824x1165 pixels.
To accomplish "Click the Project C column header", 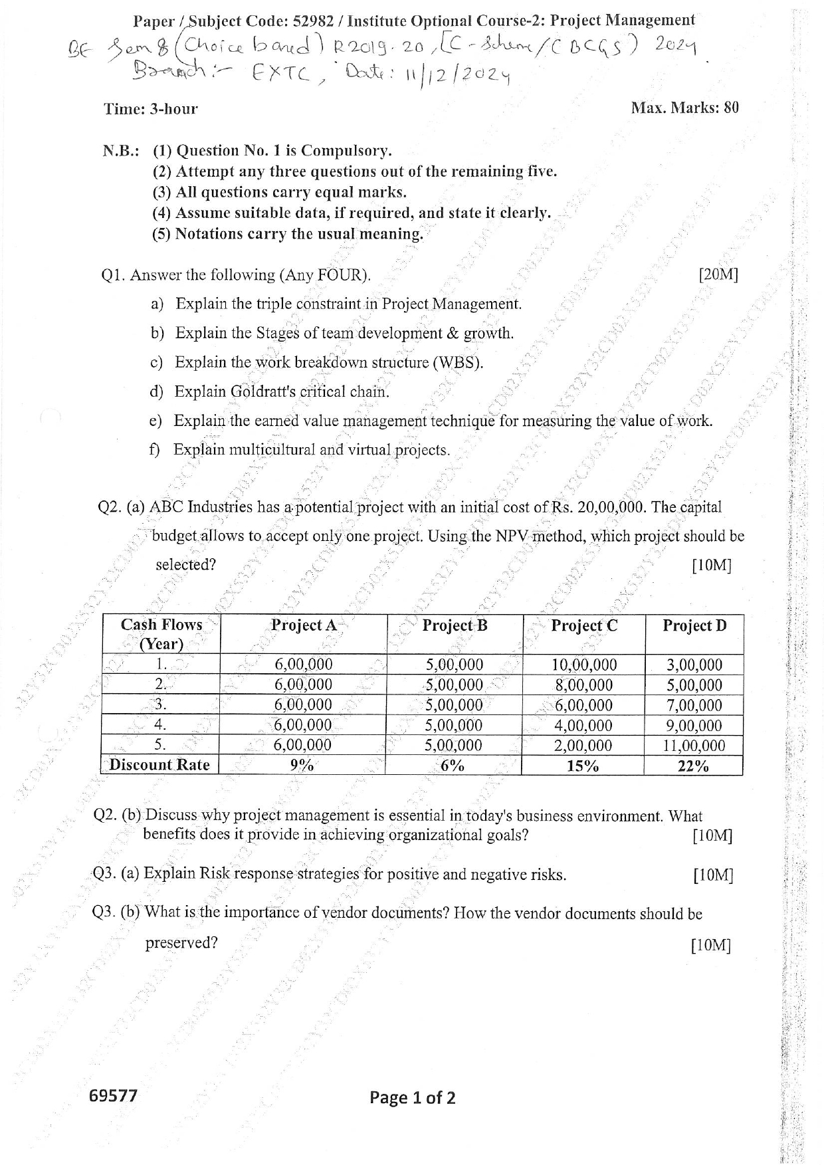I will tap(584, 626).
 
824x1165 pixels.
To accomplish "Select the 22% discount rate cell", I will tap(693, 766).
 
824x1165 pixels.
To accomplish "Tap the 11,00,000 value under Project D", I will tap(693, 746).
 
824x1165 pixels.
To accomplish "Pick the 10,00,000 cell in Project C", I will tap(584, 665).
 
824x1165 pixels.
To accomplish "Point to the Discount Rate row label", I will tap(159, 765).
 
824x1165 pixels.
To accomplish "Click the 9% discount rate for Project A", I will tap(302, 766).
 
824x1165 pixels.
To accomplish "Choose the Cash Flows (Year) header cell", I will tap(161, 634).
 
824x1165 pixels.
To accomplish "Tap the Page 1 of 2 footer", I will tap(413, 1097).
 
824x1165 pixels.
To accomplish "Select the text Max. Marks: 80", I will tap(684, 108).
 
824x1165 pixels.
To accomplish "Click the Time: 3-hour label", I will tap(150, 109).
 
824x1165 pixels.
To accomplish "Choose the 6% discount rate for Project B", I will tap(453, 766).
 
